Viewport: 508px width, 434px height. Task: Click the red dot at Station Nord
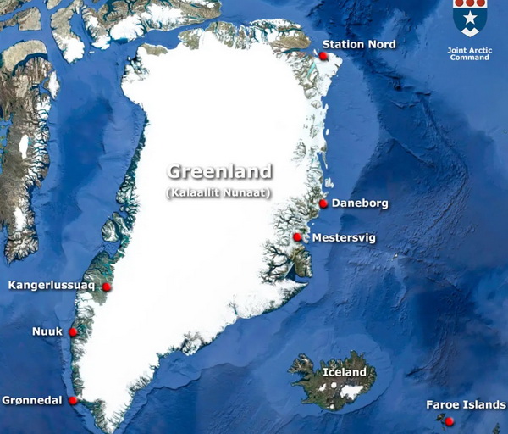pyautogui.click(x=323, y=56)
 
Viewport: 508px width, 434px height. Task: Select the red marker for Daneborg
pyautogui.click(x=323, y=204)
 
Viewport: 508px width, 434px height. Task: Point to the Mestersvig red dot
pyautogui.click(x=298, y=237)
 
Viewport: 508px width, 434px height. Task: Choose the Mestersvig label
pyautogui.click(x=344, y=238)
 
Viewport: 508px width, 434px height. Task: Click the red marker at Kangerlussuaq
pyautogui.click(x=107, y=287)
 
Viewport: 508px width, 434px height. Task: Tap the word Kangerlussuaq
pyautogui.click(x=51, y=285)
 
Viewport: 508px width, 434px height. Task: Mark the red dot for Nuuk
pyautogui.click(x=73, y=332)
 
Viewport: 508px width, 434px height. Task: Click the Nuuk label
pyautogui.click(x=47, y=331)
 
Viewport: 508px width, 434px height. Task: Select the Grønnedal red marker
pyautogui.click(x=74, y=400)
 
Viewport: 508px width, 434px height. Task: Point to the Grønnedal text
pyautogui.click(x=32, y=400)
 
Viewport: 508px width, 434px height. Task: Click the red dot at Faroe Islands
pyautogui.click(x=450, y=421)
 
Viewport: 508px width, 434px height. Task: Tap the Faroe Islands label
pyautogui.click(x=466, y=404)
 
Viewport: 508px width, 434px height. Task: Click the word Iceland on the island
pyautogui.click(x=345, y=372)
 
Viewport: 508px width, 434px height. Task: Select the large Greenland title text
pyautogui.click(x=219, y=172)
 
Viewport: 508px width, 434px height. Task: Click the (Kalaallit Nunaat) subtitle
pyautogui.click(x=218, y=193)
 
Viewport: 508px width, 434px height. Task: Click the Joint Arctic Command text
pyautogui.click(x=468, y=53)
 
